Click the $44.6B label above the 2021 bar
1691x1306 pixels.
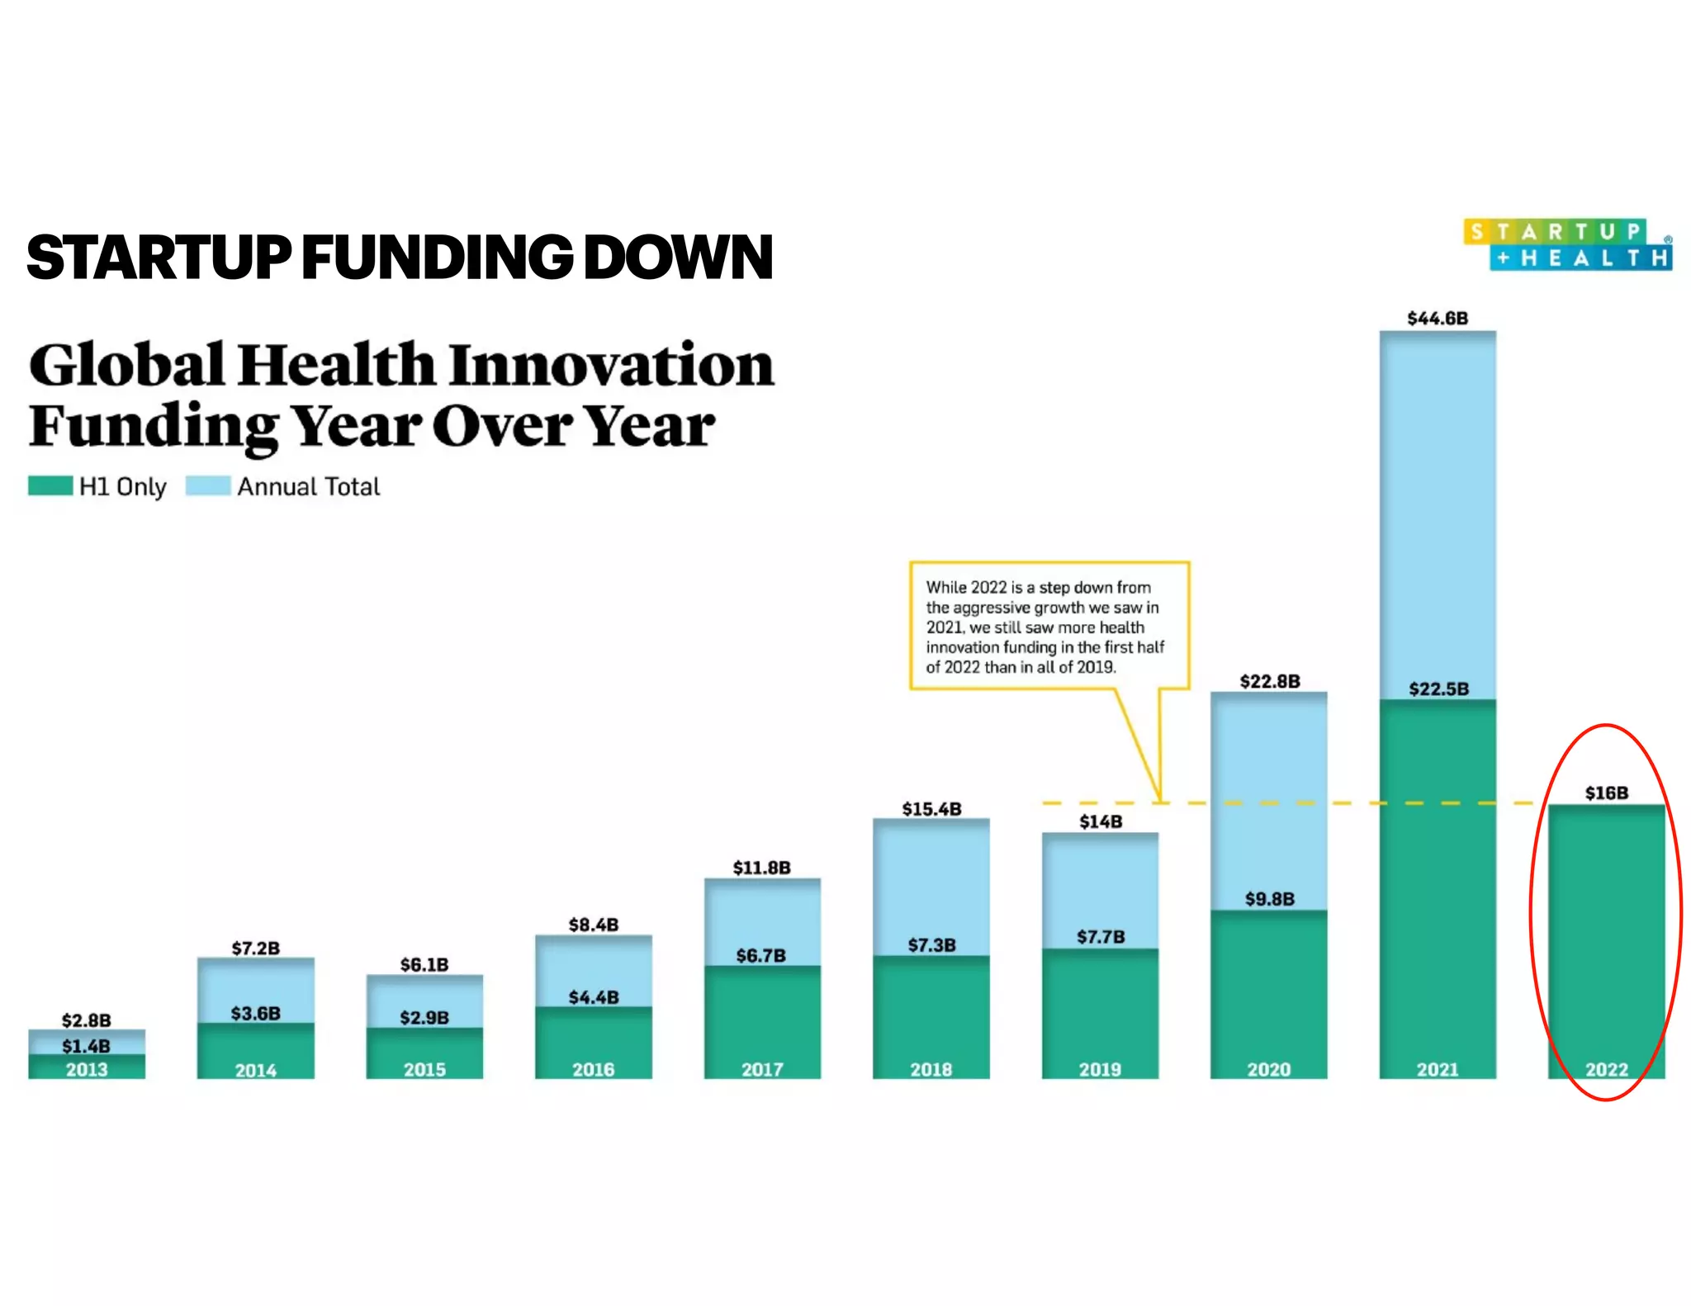click(1438, 319)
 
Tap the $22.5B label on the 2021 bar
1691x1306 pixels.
click(1438, 689)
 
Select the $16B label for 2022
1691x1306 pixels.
click(1606, 793)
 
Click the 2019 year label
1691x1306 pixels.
click(1100, 1070)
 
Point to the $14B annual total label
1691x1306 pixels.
click(1101, 821)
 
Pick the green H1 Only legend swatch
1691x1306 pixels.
click(50, 485)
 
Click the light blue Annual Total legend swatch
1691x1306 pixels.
click(207, 485)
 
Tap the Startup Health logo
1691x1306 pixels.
click(1567, 245)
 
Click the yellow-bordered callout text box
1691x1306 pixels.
click(1049, 626)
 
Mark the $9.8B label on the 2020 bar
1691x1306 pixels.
click(1269, 899)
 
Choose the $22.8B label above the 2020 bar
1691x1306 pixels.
click(1269, 681)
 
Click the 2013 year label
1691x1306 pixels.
click(87, 1070)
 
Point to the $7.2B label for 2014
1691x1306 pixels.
click(255, 948)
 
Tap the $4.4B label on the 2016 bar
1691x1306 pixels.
click(593, 997)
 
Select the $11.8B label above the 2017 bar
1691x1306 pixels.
click(761, 868)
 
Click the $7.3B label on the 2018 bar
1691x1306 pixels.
click(931, 945)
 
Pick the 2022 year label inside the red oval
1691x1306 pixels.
click(1606, 1070)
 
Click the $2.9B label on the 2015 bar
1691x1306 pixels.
click(424, 1017)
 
